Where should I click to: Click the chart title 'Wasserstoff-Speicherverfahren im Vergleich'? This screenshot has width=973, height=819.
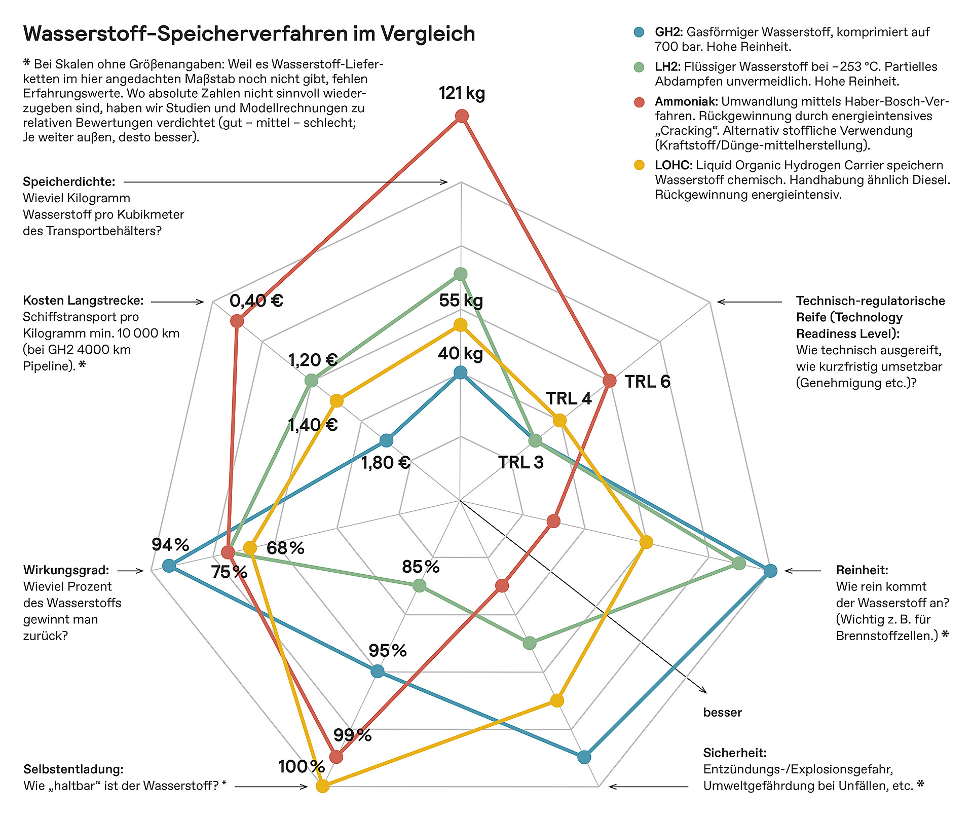249,34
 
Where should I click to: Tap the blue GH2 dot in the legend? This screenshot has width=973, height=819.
640,32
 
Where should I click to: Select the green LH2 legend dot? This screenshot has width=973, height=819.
640,67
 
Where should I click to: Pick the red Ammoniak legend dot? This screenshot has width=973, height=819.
640,102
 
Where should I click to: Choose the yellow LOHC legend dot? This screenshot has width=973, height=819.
640,165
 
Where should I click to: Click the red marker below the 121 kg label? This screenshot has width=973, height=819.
462,117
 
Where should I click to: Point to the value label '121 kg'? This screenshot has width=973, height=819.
462,93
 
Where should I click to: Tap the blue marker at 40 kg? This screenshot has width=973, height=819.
460,374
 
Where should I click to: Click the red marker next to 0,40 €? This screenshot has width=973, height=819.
237,321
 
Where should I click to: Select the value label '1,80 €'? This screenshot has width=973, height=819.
385,462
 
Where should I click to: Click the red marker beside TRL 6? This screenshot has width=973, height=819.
610,380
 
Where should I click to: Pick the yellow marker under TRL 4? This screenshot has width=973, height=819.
559,420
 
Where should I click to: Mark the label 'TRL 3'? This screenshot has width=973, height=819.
520,462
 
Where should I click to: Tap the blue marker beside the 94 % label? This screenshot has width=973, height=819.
169,566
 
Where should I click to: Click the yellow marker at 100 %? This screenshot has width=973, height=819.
322,786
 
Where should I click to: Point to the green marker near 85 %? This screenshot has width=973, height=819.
420,586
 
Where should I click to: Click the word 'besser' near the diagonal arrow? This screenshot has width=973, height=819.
722,713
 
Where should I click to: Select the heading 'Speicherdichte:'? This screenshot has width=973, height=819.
69,182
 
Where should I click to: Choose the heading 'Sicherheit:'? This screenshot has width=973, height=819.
734,753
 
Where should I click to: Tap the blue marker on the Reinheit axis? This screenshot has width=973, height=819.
770,571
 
